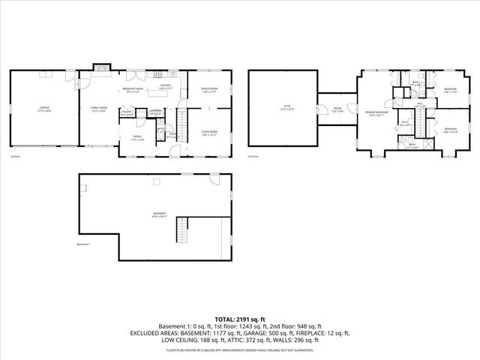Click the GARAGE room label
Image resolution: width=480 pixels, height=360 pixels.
tap(45, 109)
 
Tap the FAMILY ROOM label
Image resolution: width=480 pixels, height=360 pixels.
tap(97, 109)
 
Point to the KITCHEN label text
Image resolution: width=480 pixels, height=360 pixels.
tap(165, 86)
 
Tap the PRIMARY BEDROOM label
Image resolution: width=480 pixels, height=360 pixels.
tap(375, 113)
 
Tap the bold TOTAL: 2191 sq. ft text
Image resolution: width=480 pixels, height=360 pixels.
tap(240, 319)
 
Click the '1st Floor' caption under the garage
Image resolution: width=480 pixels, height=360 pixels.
tap(14, 157)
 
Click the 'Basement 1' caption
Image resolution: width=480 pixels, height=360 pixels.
tap(83, 244)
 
